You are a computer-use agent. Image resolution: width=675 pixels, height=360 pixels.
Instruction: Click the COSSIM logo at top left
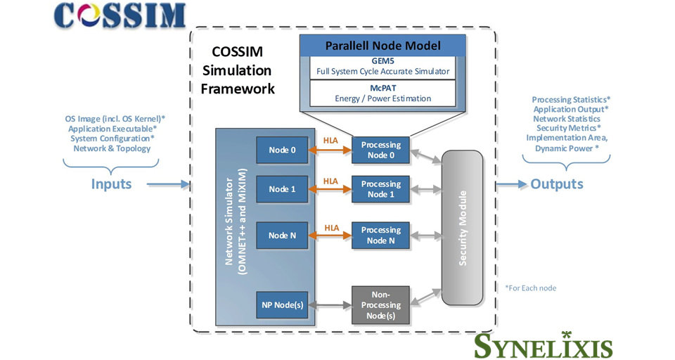pos(120,15)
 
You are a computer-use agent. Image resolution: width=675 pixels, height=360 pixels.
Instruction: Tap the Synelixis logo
pos(542,345)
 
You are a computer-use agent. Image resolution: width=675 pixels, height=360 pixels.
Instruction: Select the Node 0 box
pos(282,150)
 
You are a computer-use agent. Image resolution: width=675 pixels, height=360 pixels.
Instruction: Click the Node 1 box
pos(282,189)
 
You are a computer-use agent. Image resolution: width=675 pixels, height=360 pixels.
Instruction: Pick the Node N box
pos(282,236)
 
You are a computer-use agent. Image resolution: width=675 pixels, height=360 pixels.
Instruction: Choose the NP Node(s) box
pos(282,305)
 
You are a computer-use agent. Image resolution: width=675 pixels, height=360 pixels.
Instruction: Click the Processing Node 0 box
pos(380,150)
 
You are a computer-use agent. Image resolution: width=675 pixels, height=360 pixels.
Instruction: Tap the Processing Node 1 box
pos(380,189)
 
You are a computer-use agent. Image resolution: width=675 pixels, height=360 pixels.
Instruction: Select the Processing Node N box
pos(380,236)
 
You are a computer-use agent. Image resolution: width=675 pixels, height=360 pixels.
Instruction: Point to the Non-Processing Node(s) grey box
pos(380,305)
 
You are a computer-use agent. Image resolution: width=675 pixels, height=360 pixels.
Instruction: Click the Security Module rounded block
pos(462,227)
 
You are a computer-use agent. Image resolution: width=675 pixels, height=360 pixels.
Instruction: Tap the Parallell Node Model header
pos(382,46)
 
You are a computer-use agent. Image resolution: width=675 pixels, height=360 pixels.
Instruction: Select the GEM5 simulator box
pos(382,67)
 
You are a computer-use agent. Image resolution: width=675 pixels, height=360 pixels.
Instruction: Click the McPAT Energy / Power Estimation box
pos(382,94)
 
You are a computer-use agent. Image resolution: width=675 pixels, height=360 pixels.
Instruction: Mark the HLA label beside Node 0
pos(330,141)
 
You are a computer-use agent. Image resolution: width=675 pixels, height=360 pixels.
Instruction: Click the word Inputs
pos(111,184)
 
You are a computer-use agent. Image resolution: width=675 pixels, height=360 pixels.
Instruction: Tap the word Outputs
pos(556,184)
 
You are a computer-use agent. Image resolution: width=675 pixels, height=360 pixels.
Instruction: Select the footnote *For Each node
pos(531,288)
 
